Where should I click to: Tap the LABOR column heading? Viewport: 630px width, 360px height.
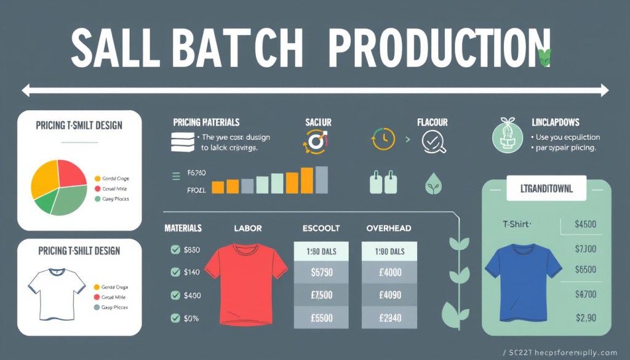point(247,228)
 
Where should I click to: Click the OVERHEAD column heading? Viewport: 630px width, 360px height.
point(389,228)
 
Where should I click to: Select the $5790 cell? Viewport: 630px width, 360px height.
point(322,271)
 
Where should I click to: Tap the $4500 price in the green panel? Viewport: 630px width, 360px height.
point(584,225)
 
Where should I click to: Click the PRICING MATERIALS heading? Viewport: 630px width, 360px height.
point(206,122)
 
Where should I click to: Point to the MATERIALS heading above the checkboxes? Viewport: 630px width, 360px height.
point(183,228)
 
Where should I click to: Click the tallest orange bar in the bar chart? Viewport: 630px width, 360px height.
point(306,180)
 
